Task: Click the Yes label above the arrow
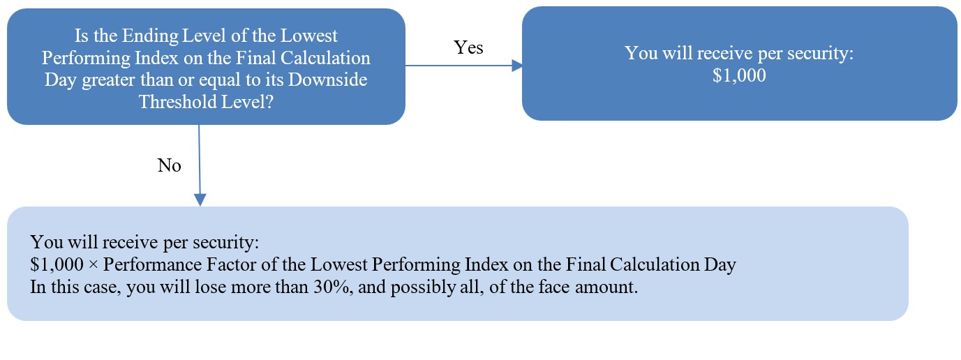[x=468, y=47]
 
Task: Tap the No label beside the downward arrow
[x=170, y=165]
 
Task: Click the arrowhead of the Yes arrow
[x=517, y=66]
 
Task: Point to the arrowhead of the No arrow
[x=200, y=200]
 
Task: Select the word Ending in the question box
[x=150, y=36]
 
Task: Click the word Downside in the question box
[x=327, y=80]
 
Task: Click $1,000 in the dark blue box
[x=739, y=75]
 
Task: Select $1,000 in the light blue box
[x=57, y=264]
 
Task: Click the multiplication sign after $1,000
[x=93, y=265]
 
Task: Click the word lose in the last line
[x=210, y=287]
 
